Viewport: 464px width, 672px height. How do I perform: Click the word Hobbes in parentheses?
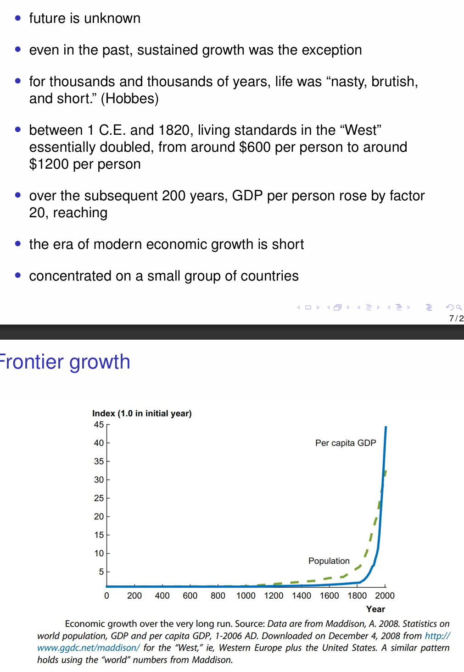[x=129, y=99]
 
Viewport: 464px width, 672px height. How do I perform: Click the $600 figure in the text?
[x=255, y=147]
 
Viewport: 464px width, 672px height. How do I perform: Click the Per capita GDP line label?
[x=345, y=443]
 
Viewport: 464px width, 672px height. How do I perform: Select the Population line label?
[x=329, y=561]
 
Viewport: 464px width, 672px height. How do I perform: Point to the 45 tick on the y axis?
[x=99, y=424]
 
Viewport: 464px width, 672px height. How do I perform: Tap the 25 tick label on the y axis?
[x=99, y=498]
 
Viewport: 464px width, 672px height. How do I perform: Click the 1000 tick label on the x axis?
[x=246, y=595]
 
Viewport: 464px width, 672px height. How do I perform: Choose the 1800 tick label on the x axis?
[x=357, y=595]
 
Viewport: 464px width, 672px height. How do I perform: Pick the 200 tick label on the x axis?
[x=134, y=595]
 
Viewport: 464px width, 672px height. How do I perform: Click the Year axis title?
[x=375, y=609]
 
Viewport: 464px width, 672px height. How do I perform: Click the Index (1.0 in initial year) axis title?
[x=142, y=413]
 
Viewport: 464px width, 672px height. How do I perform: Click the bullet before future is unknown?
[x=18, y=18]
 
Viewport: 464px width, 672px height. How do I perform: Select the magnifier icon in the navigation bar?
[x=459, y=307]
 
